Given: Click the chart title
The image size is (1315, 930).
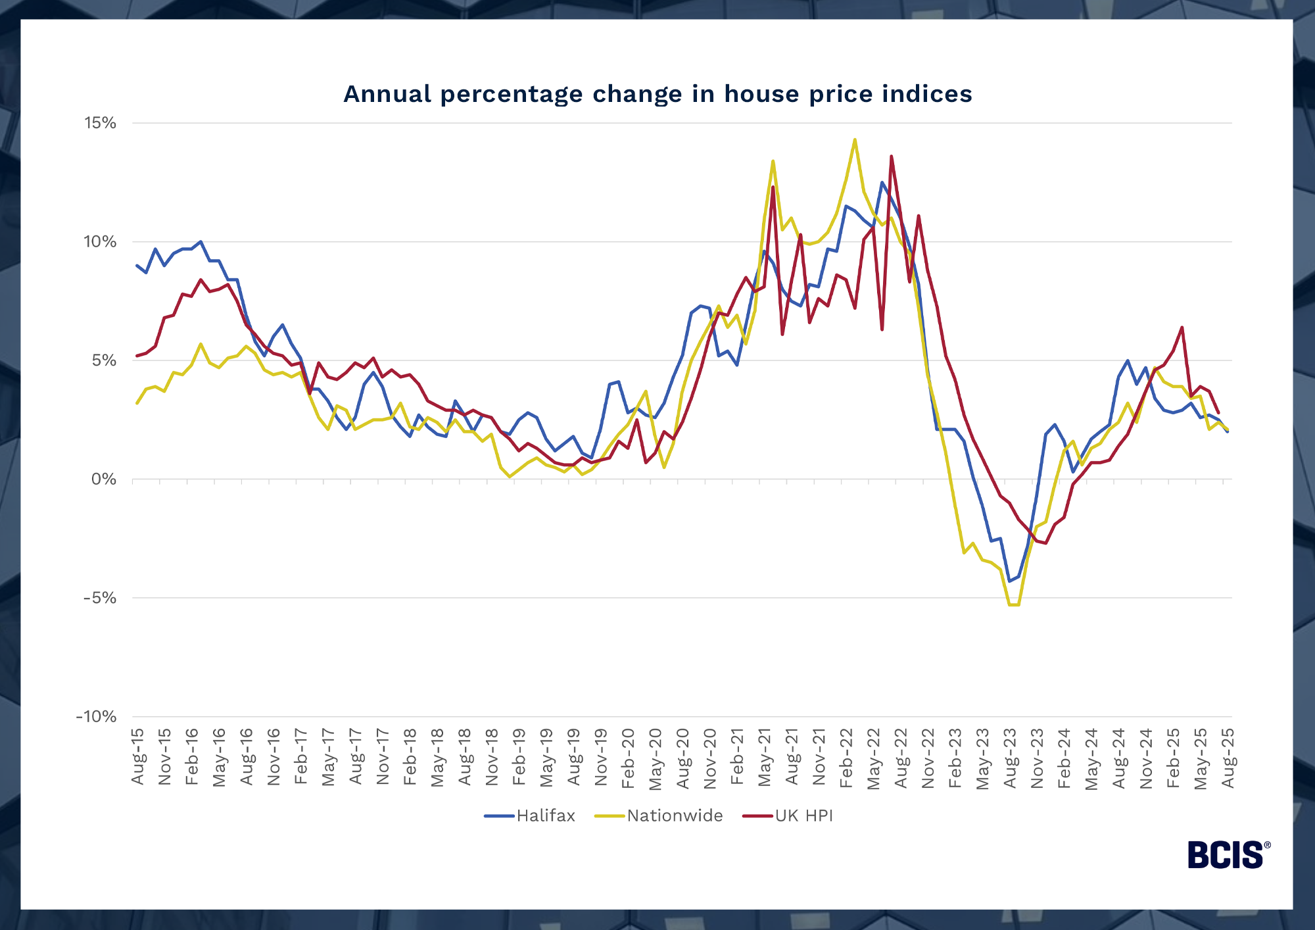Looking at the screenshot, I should (657, 94).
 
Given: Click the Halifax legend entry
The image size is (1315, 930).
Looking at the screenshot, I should (545, 816).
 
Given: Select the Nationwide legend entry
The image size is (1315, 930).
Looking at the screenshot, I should (675, 816).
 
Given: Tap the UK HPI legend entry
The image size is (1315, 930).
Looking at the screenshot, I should (803, 816).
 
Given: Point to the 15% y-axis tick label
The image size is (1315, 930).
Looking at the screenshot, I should (100, 123).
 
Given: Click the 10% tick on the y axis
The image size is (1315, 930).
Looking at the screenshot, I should (100, 242).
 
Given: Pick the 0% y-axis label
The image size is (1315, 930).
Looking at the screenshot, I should (104, 479).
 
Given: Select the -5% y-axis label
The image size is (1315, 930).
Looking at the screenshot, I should (100, 598).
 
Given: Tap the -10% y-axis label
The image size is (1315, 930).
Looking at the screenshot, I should (97, 717).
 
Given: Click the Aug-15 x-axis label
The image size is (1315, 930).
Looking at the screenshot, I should (137, 756).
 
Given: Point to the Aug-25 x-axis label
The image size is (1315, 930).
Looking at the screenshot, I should (1228, 756).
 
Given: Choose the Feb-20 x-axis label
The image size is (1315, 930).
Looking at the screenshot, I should (628, 756).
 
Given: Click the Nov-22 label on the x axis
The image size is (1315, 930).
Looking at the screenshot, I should (928, 756).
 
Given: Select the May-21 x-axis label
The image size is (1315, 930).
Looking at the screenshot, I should (764, 756).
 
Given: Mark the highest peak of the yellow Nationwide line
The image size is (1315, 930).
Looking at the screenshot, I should (855, 139).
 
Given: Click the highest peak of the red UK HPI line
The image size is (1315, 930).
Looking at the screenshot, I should (891, 157).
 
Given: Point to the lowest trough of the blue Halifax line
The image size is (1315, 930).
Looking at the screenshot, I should (1009, 581).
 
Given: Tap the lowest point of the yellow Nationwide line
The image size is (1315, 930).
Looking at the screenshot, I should (1014, 604).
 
